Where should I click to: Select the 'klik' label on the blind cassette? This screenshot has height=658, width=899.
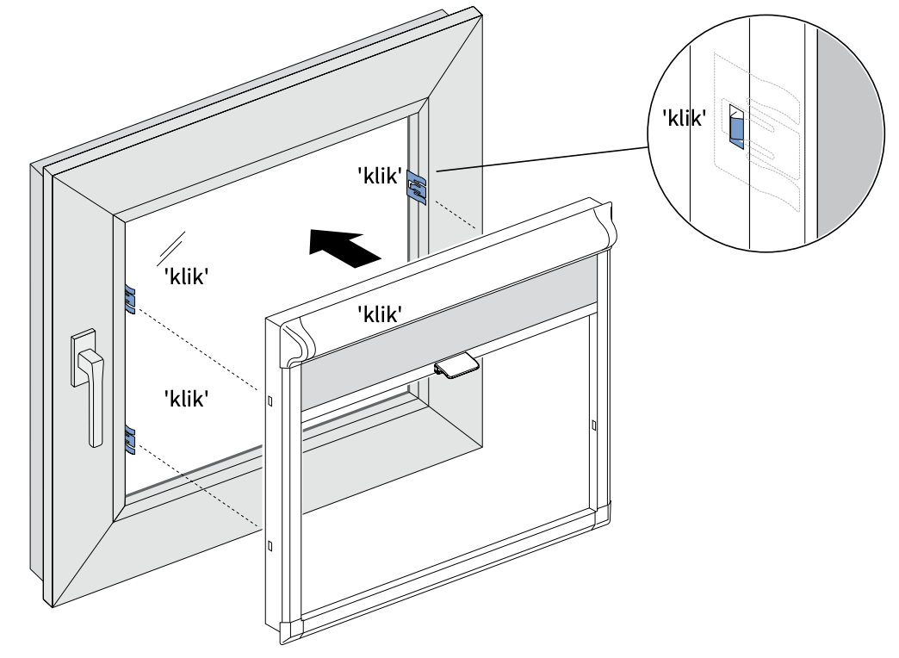pyautogui.click(x=381, y=315)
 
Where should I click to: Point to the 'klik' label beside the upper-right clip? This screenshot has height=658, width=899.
pyautogui.click(x=380, y=177)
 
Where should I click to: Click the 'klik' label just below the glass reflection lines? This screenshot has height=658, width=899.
pyautogui.click(x=187, y=277)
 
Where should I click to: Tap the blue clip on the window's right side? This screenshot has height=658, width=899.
pyautogui.click(x=417, y=188)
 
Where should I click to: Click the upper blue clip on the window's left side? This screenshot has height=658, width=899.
pyautogui.click(x=130, y=298)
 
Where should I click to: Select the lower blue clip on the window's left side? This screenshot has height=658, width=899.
pyautogui.click(x=130, y=438)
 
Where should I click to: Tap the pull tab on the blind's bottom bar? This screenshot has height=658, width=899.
pyautogui.click(x=456, y=367)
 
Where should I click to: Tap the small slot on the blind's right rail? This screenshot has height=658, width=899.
pyautogui.click(x=593, y=424)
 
